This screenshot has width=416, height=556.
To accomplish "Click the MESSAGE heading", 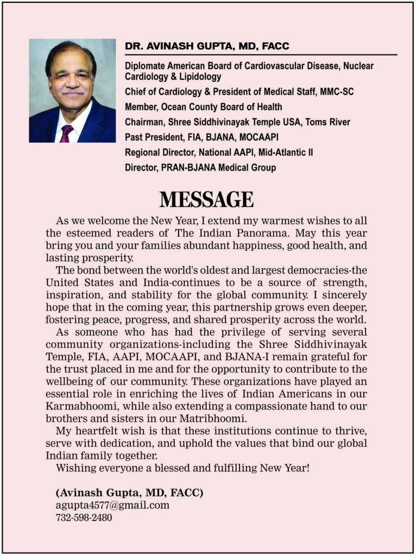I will [206, 200].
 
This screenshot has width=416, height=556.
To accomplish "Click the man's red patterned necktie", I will [66, 133].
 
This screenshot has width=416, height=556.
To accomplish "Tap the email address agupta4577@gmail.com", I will [112, 506].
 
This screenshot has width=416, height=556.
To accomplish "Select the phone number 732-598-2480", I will [84, 518].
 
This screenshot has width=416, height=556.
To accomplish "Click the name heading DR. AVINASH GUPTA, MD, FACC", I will [207, 47].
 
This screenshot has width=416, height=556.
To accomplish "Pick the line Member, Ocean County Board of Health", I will [203, 107].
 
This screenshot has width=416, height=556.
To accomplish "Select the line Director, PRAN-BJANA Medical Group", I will [200, 168].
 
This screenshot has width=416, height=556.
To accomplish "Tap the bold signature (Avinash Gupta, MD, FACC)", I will [129, 493].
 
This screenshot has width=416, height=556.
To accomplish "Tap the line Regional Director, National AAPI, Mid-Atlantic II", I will [218, 153].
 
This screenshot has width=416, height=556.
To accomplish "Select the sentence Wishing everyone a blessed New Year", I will [182, 467].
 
